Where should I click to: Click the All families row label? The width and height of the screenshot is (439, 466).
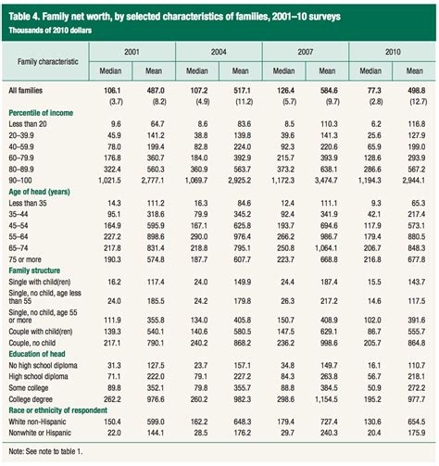pyautogui.click(x=28, y=91)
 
